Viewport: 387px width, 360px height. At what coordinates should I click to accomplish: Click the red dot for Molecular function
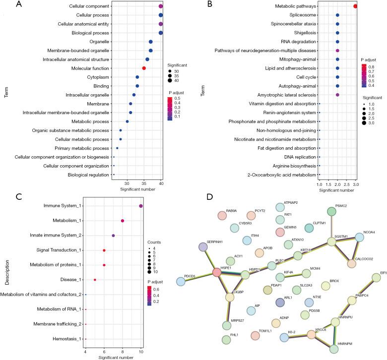click(x=144, y=68)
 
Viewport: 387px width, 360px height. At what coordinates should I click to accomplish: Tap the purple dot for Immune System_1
click(x=141, y=206)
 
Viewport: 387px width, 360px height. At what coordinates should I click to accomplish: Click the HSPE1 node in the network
click(x=216, y=259)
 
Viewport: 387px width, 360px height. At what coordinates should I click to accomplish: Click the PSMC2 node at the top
click(x=332, y=211)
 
